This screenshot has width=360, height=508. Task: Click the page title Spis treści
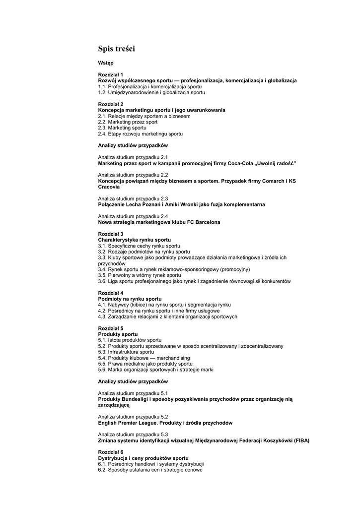point(116,49)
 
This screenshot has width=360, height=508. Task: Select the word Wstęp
point(106,63)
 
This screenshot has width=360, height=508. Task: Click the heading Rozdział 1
point(111,74)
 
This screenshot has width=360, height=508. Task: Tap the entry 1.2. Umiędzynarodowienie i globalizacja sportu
point(151,92)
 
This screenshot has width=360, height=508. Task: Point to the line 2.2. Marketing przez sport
point(128,122)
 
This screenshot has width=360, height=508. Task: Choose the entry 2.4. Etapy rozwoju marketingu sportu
point(141,134)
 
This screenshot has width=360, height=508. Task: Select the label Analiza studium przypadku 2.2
point(133,175)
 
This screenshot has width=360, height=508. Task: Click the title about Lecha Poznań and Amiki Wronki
point(181,204)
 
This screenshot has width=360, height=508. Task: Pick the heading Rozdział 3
point(111,234)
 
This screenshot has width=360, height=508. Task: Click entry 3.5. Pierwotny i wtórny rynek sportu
point(140,275)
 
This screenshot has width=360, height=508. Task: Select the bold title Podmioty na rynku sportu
point(130,299)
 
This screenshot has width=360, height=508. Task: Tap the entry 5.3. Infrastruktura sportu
point(126,352)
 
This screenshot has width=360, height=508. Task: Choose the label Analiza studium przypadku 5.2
point(133,417)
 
